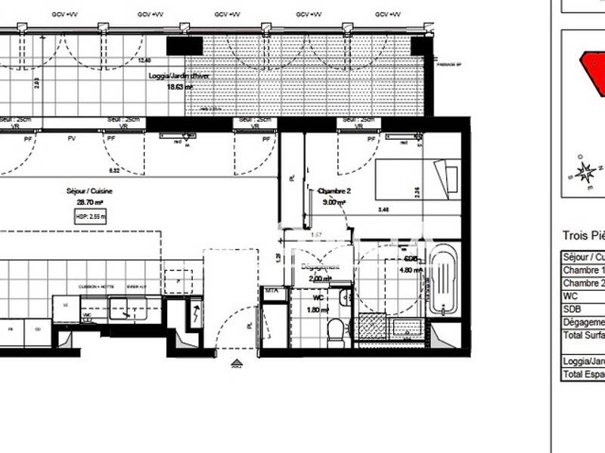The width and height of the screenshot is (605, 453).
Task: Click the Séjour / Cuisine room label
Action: click(89, 192)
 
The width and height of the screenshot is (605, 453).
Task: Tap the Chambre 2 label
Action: click(332, 191)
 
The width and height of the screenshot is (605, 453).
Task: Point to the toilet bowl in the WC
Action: click(336, 328)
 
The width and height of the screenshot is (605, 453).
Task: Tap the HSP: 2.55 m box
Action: click(92, 216)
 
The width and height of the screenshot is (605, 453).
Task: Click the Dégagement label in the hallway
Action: click(321, 267)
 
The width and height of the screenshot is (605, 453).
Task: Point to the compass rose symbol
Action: click(584, 172)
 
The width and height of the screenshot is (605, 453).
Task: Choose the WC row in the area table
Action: click(582, 296)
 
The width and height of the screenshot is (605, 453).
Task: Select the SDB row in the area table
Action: click(582, 309)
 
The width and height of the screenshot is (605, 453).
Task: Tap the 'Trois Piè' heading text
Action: click(583, 236)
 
